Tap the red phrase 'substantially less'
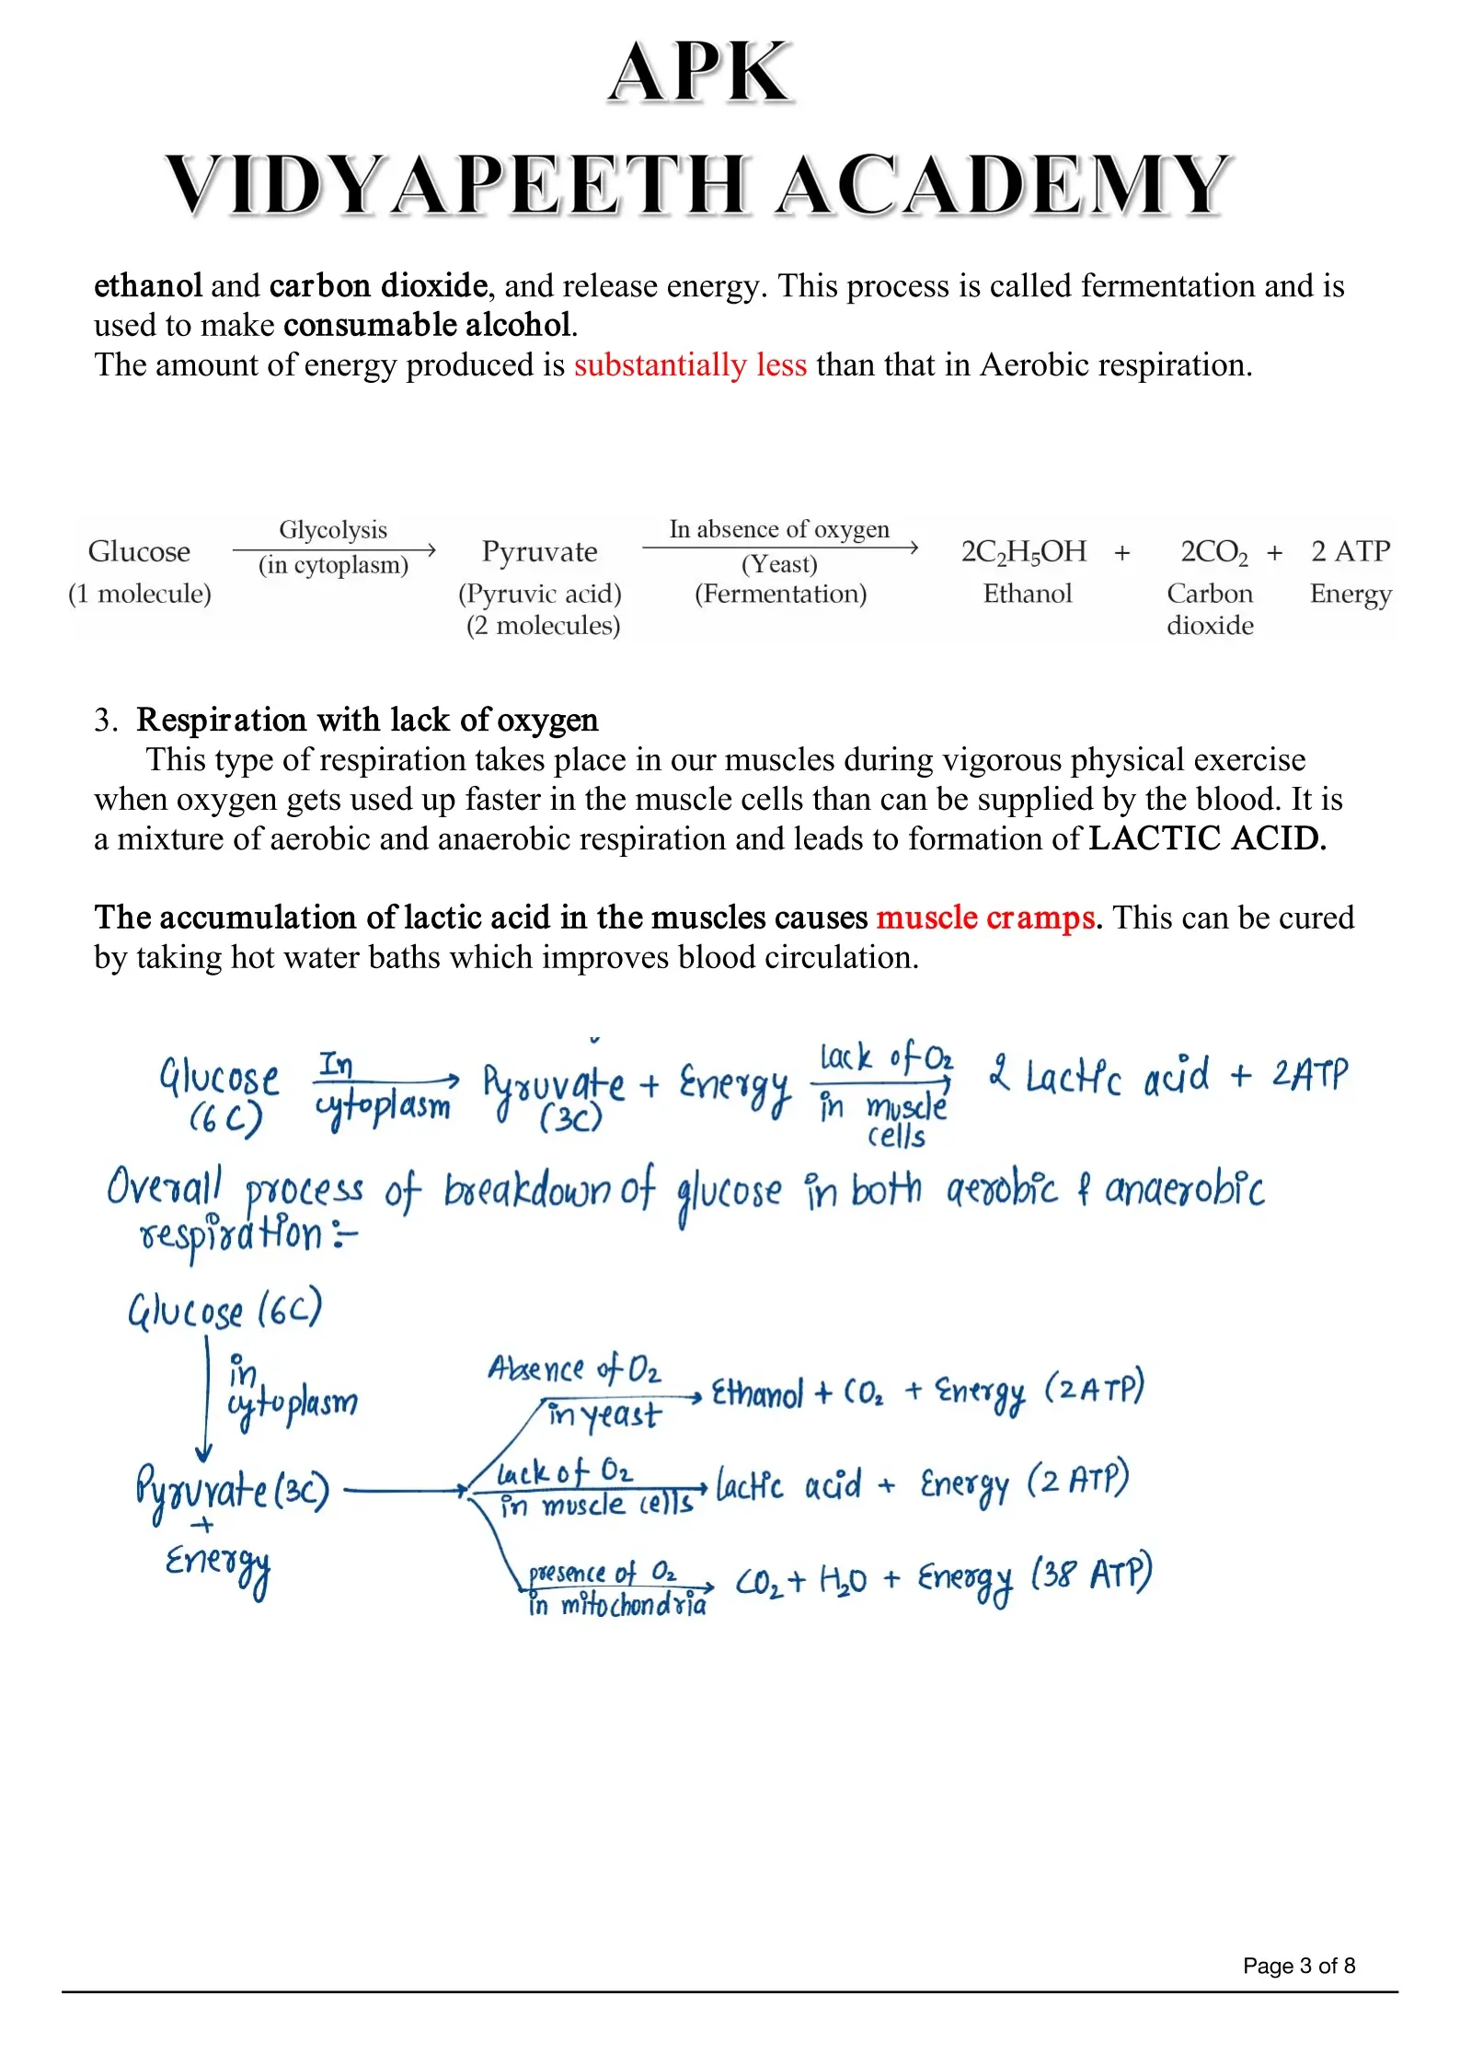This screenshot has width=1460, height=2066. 690,365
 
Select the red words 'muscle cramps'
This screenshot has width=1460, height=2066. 985,918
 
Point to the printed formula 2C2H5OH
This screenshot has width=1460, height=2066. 1023,552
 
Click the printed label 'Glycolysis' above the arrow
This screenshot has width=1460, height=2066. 333,530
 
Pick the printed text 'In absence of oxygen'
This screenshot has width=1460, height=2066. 779,529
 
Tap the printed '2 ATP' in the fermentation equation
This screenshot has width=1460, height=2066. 1350,551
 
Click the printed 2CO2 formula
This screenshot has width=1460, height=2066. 1213,552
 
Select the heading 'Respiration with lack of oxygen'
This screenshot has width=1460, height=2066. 367,720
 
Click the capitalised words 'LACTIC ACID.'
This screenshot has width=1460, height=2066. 1207,838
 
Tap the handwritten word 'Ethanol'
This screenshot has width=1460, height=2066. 757,1394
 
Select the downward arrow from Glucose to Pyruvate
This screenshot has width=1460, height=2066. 206,1399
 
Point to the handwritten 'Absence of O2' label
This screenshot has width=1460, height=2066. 574,1369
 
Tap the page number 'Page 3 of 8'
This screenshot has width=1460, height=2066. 1298,1966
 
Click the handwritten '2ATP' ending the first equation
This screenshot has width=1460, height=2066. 1310,1075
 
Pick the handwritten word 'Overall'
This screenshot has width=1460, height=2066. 164,1187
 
